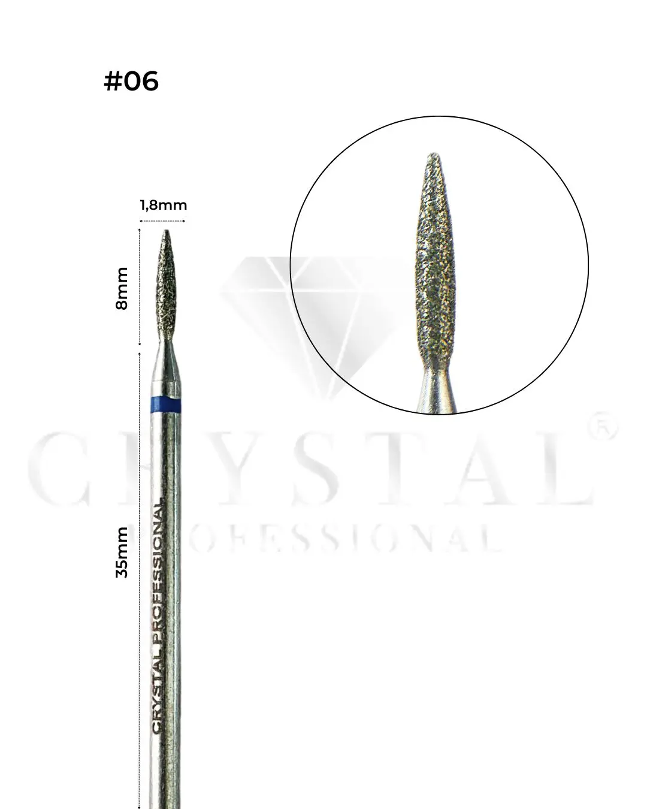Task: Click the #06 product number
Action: (x=131, y=81)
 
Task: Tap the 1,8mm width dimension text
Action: (x=163, y=206)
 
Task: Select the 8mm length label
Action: (x=122, y=288)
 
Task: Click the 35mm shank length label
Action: (x=122, y=551)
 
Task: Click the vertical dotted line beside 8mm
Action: (x=140, y=288)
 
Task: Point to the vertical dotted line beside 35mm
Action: (x=140, y=575)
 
